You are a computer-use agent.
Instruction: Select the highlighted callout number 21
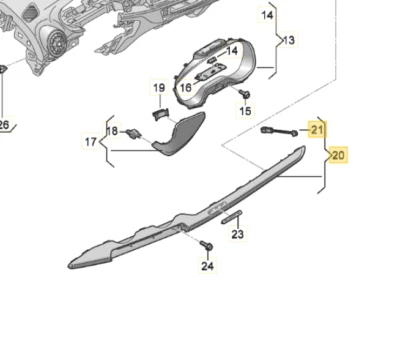(317, 129)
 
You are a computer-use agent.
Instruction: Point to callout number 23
(237, 235)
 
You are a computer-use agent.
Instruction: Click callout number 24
(207, 266)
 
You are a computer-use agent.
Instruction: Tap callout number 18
(111, 131)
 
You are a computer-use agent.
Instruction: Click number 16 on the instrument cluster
(185, 88)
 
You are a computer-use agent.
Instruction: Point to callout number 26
(3, 125)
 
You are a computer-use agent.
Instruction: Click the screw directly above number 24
(206, 246)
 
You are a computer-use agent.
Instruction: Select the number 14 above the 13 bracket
(267, 16)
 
